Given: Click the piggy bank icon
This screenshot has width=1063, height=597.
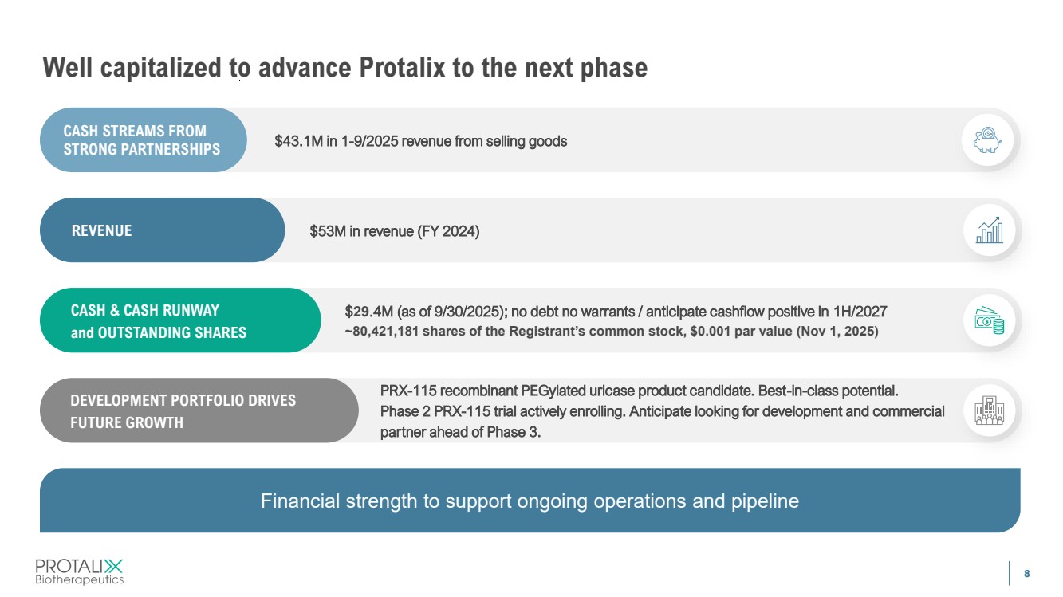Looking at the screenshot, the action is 987,140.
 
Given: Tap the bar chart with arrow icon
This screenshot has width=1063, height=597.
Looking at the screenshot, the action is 990,230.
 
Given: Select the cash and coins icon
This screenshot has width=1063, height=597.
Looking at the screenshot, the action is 990,320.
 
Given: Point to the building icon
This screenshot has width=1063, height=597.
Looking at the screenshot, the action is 990,410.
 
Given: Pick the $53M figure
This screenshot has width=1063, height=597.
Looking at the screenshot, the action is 328,231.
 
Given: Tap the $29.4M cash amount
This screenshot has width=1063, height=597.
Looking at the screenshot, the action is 368,312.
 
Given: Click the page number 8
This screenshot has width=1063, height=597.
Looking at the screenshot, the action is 1026,574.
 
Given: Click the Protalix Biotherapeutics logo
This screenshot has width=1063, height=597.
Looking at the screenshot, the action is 79,571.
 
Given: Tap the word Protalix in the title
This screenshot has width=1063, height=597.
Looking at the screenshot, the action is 402,67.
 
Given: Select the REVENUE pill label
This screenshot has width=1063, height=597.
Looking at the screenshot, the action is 101,230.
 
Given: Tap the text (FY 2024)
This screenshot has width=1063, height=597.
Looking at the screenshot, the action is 448,231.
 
